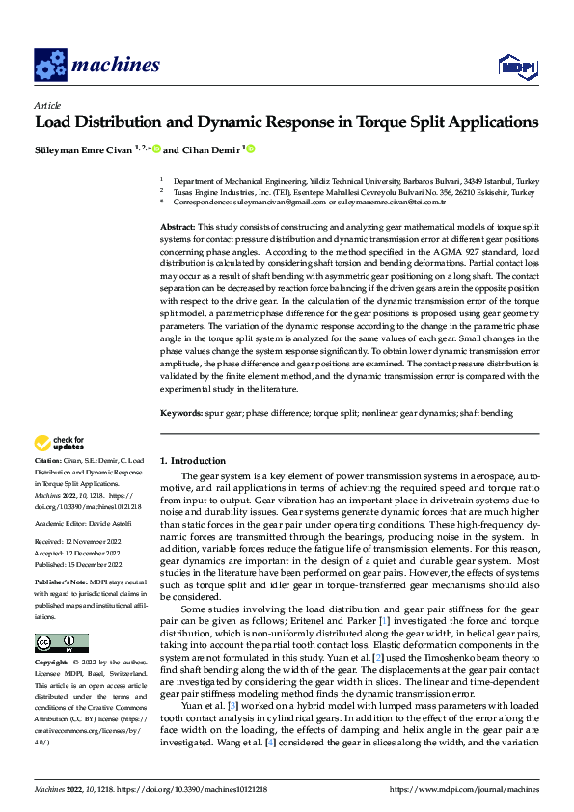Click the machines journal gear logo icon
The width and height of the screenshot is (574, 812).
(x=50, y=65)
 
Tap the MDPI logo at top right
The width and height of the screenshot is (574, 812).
(x=515, y=65)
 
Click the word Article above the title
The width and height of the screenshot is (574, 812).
(x=47, y=105)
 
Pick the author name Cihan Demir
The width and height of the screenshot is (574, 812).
(x=209, y=150)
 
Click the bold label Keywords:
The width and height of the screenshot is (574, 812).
(x=182, y=412)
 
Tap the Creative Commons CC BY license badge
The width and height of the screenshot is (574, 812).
(x=61, y=642)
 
